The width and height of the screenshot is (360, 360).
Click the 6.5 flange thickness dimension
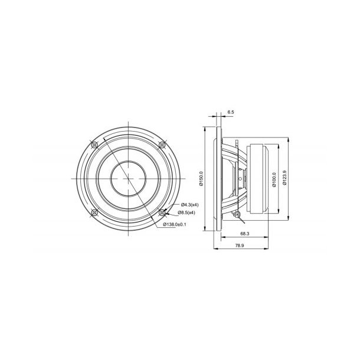pyautogui.click(x=230, y=112)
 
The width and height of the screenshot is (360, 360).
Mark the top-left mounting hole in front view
pyautogui.click(x=94, y=145)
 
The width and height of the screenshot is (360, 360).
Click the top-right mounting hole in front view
pyautogui.click(x=162, y=145)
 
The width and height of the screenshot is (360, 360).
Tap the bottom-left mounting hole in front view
pyautogui.click(x=94, y=212)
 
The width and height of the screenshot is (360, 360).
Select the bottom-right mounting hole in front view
pyautogui.click(x=162, y=212)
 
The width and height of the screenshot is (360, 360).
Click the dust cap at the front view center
pyautogui.click(x=128, y=178)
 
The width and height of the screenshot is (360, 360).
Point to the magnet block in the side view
pyautogui.click(x=260, y=178)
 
